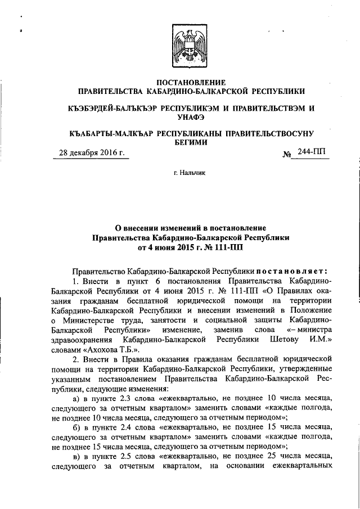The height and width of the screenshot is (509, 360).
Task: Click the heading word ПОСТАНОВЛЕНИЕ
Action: pos(191,83)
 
